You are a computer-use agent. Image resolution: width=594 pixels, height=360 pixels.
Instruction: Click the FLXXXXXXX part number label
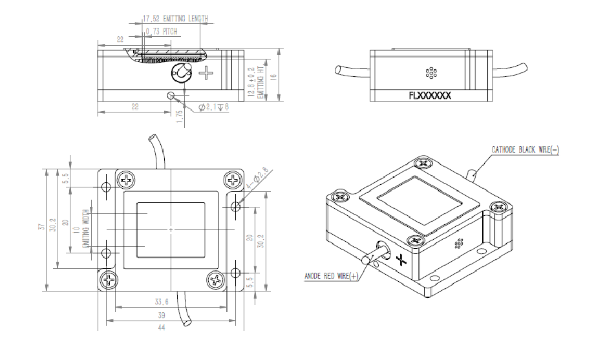pyautogui.click(x=430, y=95)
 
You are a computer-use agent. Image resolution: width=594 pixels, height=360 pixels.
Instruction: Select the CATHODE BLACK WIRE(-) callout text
pyautogui.click(x=525, y=149)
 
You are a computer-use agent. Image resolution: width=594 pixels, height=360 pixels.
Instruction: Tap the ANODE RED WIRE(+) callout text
pyautogui.click(x=332, y=277)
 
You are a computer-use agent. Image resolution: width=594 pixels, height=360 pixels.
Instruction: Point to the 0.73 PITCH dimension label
pyautogui.click(x=161, y=31)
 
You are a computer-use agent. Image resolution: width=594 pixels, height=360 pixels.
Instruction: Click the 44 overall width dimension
pyautogui.click(x=171, y=328)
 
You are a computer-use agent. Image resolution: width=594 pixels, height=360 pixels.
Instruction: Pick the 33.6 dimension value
pyautogui.click(x=162, y=302)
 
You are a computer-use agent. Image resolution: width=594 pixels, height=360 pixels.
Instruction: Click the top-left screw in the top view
pyautogui.click(x=127, y=179)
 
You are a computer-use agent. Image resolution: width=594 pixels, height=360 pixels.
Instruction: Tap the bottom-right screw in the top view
pyautogui.click(x=215, y=280)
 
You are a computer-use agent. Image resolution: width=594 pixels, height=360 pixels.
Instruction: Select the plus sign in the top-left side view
pyautogui.click(x=206, y=72)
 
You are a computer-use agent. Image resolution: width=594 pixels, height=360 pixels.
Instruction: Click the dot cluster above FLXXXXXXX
pyautogui.click(x=430, y=73)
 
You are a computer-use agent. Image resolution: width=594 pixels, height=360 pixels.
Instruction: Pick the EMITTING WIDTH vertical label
pyautogui.click(x=85, y=229)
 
